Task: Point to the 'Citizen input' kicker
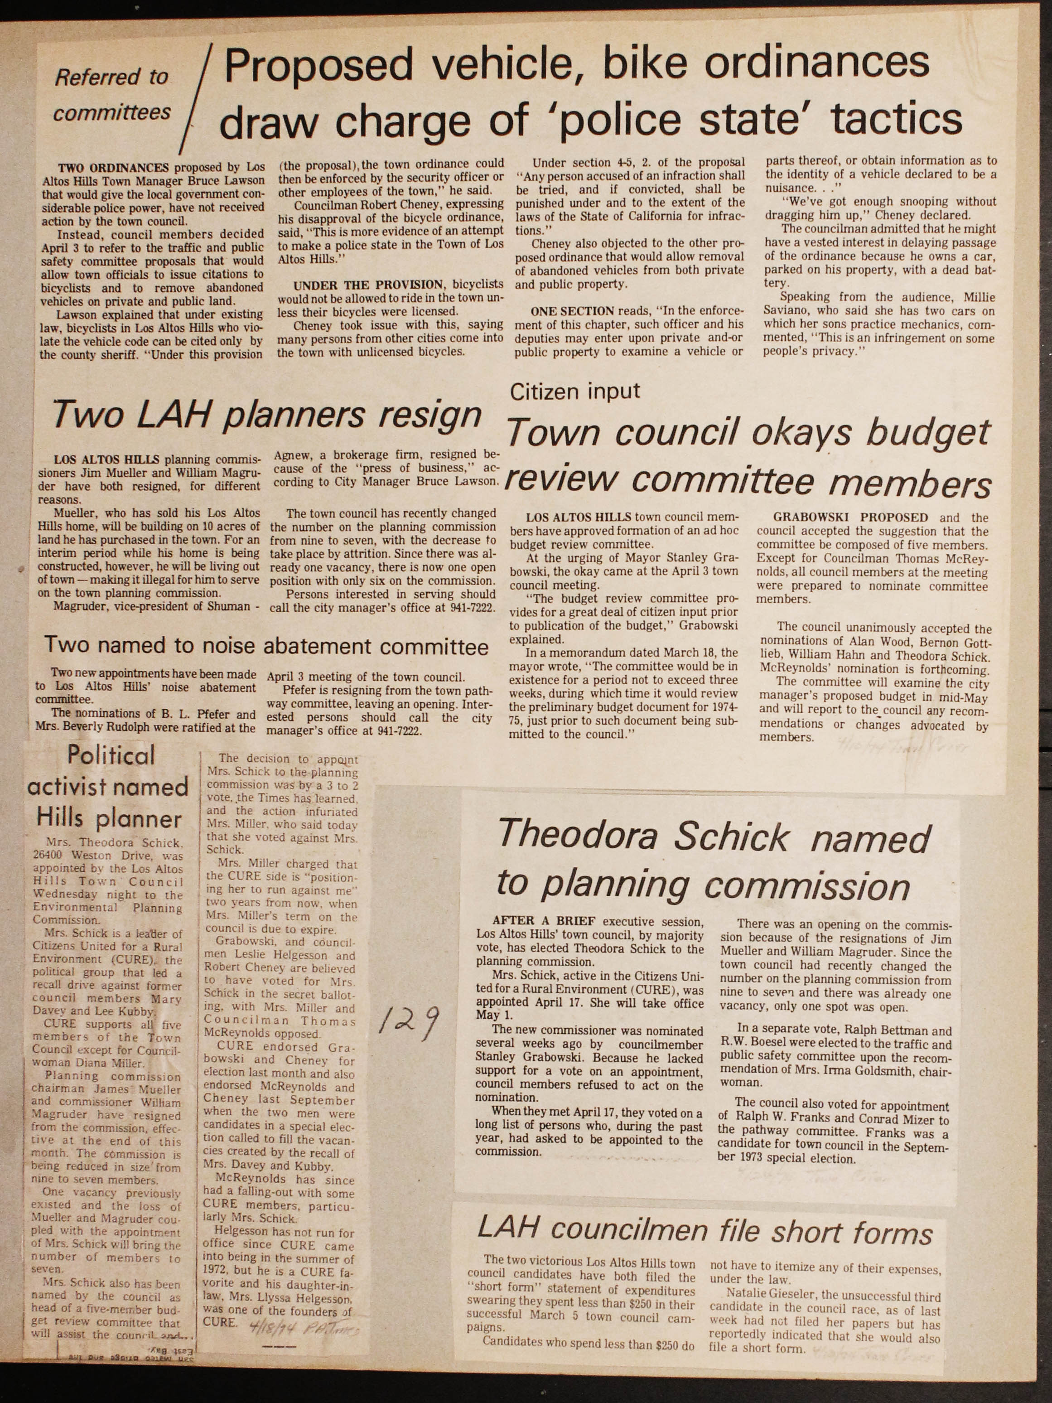(x=575, y=392)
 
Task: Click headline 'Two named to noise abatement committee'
(x=266, y=646)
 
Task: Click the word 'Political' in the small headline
(x=111, y=755)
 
